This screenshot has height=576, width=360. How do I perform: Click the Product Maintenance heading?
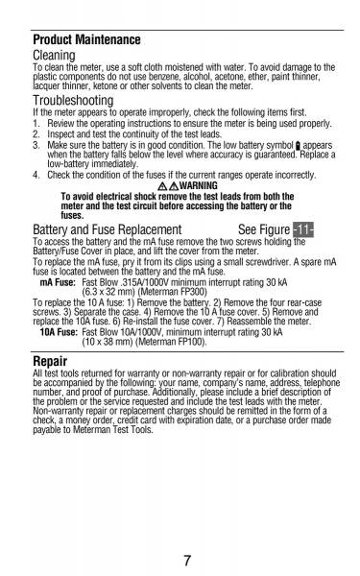(x=86, y=40)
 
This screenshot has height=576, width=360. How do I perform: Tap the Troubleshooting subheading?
(x=73, y=101)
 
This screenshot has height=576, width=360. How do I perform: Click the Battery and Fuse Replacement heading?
(x=108, y=230)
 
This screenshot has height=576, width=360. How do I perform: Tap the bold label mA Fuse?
(x=58, y=284)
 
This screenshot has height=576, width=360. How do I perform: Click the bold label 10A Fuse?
(x=59, y=330)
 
